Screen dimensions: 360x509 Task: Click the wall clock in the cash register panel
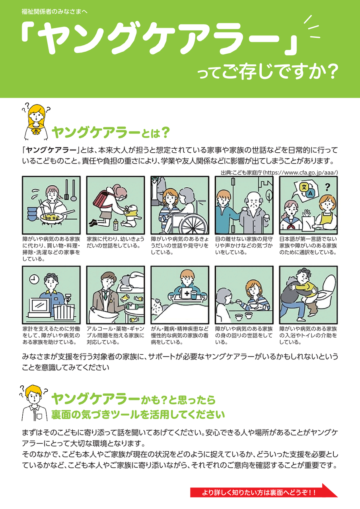[34, 279]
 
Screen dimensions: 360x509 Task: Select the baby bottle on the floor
[116, 225]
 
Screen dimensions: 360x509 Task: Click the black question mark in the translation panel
[327, 187]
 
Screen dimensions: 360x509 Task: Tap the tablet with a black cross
[186, 293]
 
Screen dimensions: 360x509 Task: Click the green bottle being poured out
[134, 306]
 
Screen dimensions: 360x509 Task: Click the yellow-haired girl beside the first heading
[36, 122]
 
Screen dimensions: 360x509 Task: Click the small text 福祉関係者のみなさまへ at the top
[54, 12]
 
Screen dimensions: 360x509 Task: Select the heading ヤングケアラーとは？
[111, 133]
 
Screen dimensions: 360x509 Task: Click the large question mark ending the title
[331, 72]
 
